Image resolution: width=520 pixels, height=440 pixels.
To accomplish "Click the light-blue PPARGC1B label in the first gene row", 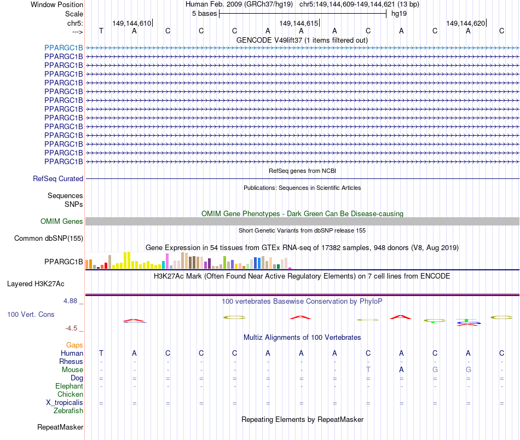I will [x=63, y=48].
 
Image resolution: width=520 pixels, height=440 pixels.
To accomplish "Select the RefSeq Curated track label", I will [x=58, y=178].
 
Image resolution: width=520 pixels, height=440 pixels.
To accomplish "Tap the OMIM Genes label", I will [x=62, y=222].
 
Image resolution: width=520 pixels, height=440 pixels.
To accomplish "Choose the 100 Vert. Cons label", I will [x=31, y=315].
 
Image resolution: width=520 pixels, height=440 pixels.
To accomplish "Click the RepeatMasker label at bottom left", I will [x=60, y=427].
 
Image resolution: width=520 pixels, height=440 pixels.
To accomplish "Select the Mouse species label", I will [x=72, y=370].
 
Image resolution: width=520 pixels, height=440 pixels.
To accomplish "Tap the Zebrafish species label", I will [x=68, y=411].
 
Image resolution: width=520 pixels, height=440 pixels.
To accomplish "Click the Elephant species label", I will [x=69, y=386].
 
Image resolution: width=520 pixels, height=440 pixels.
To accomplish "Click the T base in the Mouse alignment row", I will [x=368, y=370].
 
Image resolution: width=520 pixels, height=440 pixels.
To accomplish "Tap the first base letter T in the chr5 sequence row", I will [x=101, y=31].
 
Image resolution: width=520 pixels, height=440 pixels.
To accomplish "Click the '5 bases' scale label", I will [x=204, y=14].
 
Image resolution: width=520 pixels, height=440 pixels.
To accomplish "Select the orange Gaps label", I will [x=74, y=345].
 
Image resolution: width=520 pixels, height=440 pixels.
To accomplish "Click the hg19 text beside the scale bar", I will [x=398, y=14].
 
